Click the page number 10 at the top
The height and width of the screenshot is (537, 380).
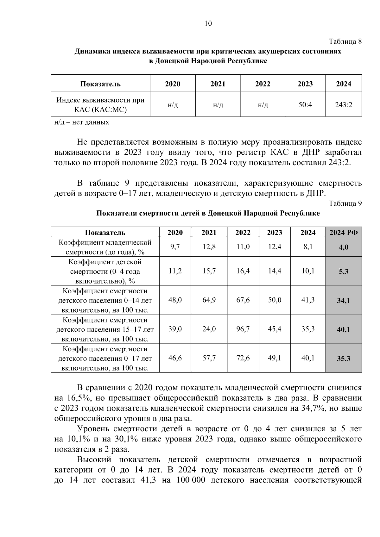(208, 23)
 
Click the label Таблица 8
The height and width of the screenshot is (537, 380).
(345, 41)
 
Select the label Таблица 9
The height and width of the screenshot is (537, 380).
(345, 203)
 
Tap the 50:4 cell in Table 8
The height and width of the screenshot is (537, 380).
(305, 104)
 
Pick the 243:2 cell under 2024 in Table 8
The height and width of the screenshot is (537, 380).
(344, 104)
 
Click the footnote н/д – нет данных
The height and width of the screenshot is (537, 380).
(82, 122)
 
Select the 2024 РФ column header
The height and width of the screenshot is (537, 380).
(344, 233)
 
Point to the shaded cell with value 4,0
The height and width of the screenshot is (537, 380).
(344, 247)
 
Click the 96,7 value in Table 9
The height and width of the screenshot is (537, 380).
(243, 329)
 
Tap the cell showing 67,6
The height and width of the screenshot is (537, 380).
(243, 300)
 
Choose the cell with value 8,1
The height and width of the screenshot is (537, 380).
(308, 247)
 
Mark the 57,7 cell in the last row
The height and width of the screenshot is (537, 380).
(209, 358)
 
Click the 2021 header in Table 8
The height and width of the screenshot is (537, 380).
(218, 84)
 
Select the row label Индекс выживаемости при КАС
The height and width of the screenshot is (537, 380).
(100, 105)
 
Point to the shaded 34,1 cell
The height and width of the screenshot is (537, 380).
(344, 300)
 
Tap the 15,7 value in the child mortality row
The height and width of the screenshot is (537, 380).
(209, 271)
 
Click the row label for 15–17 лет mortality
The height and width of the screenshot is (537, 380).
(105, 329)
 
